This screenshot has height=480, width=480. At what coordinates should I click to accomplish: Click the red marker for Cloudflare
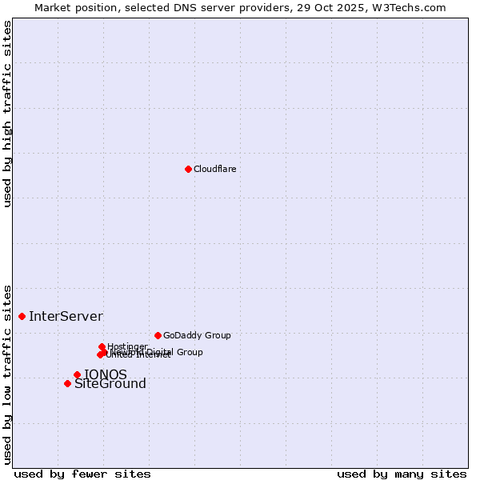pos(188,169)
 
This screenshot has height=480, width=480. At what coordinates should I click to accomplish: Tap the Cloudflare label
pos(214,169)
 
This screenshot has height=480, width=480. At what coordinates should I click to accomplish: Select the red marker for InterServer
pos(22,316)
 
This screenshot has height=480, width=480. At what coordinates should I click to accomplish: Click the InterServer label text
pos(66,316)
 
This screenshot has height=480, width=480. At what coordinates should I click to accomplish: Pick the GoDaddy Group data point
pos(158,335)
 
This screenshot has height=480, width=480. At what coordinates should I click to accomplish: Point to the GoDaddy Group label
pos(197,335)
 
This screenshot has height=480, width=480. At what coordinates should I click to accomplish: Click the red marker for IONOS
pos(77,374)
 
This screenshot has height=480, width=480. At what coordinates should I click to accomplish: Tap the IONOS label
pos(106,374)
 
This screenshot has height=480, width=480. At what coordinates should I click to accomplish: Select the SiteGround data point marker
pos(67,383)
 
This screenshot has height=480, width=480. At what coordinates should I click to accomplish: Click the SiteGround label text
pos(110,384)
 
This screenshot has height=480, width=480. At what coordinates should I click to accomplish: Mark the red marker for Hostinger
pos(102,346)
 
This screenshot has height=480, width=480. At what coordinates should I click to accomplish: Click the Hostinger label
pos(127,346)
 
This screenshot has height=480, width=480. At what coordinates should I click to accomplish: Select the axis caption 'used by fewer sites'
pos(82,474)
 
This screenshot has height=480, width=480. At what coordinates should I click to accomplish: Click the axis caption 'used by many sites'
pos(402,474)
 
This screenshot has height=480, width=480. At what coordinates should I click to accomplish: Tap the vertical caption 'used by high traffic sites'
pos(7,114)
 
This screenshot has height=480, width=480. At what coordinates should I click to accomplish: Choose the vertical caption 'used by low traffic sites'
pos(7,374)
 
